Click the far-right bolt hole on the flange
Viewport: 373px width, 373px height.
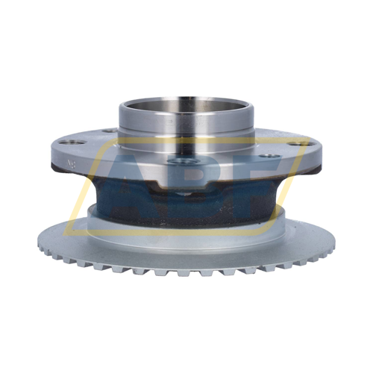(x=301, y=143)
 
